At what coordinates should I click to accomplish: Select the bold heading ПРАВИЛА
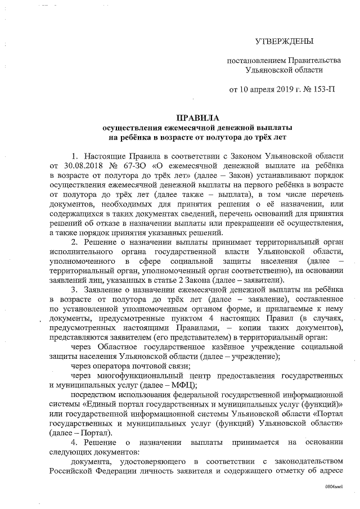[193, 118]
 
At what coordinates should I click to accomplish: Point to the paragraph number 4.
[74, 443]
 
